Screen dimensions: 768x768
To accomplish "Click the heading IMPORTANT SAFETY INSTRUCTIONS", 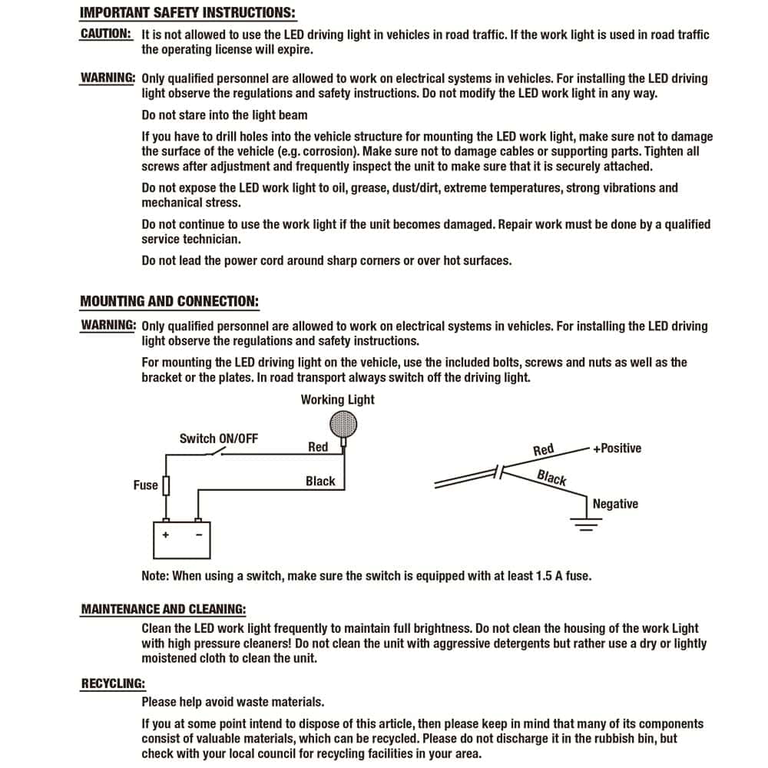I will (187, 13).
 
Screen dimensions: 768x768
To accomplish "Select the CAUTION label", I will (106, 35).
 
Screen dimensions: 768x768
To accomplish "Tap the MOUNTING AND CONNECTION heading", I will (169, 301).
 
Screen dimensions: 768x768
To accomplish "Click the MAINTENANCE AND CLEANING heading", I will (164, 610).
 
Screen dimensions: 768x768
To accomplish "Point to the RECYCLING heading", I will (113, 684).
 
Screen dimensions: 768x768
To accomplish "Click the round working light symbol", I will (343, 423).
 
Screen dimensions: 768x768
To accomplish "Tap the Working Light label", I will (337, 399).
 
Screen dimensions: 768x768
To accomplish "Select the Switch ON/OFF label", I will (219, 439).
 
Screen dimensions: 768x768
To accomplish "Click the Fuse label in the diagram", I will (145, 485).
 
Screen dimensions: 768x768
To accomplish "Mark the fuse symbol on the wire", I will (166, 485).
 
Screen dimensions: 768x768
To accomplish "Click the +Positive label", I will (617, 449).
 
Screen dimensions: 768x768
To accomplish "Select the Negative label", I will (615, 504).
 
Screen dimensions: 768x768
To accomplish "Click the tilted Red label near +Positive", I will (543, 450).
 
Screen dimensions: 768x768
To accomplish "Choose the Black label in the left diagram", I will (320, 482).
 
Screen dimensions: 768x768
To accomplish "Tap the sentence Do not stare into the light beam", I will (224, 115).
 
